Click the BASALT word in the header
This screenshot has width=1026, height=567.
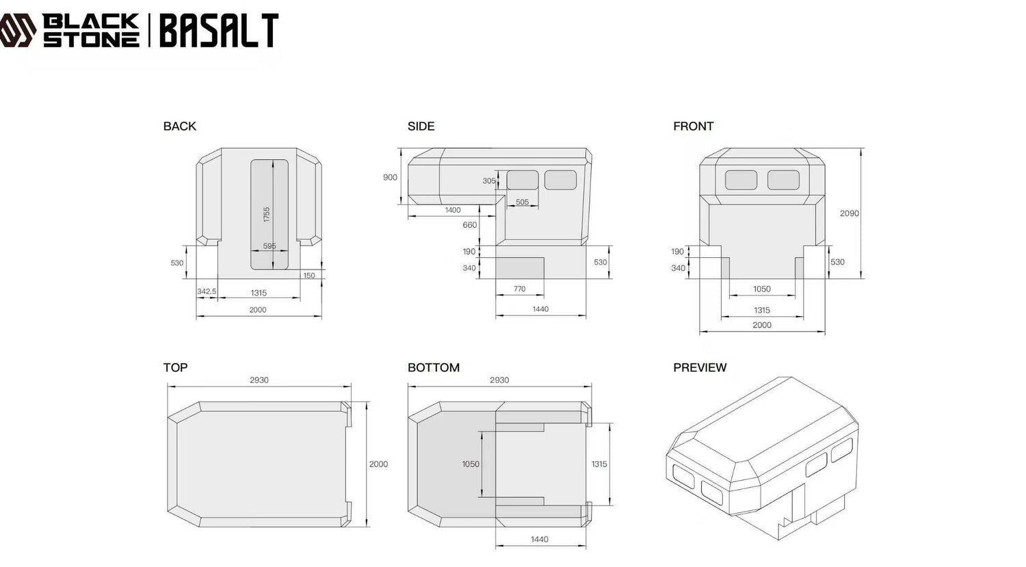click(219, 31)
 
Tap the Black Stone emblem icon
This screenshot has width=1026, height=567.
click(18, 31)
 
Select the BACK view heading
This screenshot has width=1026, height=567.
click(179, 127)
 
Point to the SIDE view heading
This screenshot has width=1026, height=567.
click(421, 127)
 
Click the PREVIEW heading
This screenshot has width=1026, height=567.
click(700, 367)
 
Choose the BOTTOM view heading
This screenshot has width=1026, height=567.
click(433, 367)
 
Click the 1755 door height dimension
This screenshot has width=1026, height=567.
click(267, 214)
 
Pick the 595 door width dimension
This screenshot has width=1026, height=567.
click(269, 246)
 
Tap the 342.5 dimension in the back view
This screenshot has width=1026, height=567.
click(207, 291)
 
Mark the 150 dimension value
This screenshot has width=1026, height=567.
click(309, 276)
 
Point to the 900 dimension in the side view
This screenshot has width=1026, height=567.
click(390, 177)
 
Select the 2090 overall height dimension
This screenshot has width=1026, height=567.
click(850, 213)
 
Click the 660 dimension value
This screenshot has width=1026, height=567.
click(470, 225)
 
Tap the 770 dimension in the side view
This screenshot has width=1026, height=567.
click(520, 289)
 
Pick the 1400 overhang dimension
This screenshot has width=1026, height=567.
click(453, 210)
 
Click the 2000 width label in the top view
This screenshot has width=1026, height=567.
click(378, 464)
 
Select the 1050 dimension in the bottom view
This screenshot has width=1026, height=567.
click(471, 464)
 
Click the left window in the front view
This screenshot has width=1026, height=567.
click(741, 180)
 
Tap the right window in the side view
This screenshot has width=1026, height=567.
click(560, 180)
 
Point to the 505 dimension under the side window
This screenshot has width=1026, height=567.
click(522, 202)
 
